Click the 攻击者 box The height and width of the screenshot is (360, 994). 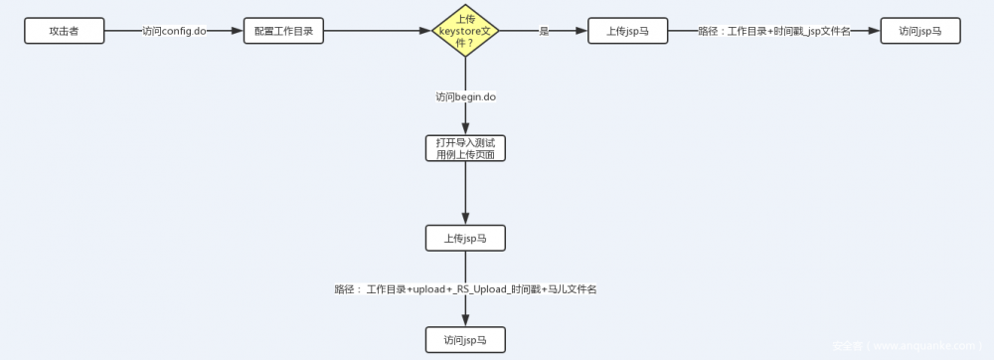coord(64,31)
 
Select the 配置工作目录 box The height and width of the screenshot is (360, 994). coord(283,31)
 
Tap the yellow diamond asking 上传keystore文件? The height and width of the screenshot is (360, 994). coord(464,31)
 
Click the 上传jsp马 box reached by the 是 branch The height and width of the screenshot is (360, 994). coord(627,31)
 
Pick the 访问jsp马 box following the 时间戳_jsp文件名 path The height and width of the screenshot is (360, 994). coord(920,31)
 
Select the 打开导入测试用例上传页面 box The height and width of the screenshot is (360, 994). coord(464,148)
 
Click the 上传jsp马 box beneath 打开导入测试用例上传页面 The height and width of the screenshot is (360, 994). coord(464,238)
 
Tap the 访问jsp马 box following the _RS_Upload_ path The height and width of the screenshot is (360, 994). coord(464,339)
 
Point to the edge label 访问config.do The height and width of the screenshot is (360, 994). coord(174,31)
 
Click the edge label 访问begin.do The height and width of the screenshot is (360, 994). coord(465,96)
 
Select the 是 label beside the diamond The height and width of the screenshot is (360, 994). coord(544,31)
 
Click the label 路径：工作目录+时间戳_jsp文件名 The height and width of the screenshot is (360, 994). coord(775,31)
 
